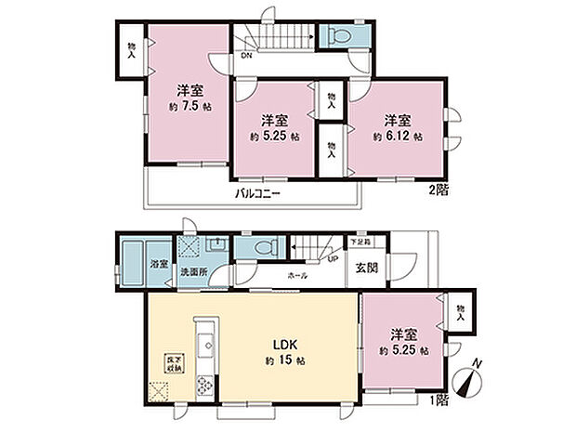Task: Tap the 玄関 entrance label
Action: pyautogui.click(x=366, y=269)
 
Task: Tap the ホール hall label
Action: pyautogui.click(x=297, y=276)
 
